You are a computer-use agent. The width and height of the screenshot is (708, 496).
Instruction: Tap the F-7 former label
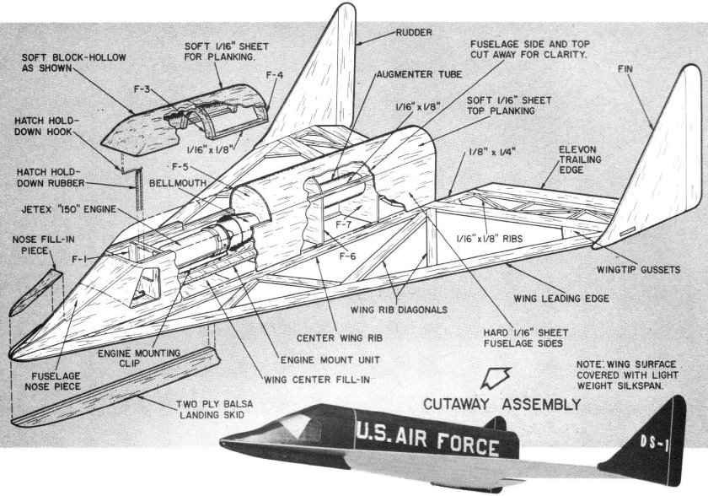coord(344,225)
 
